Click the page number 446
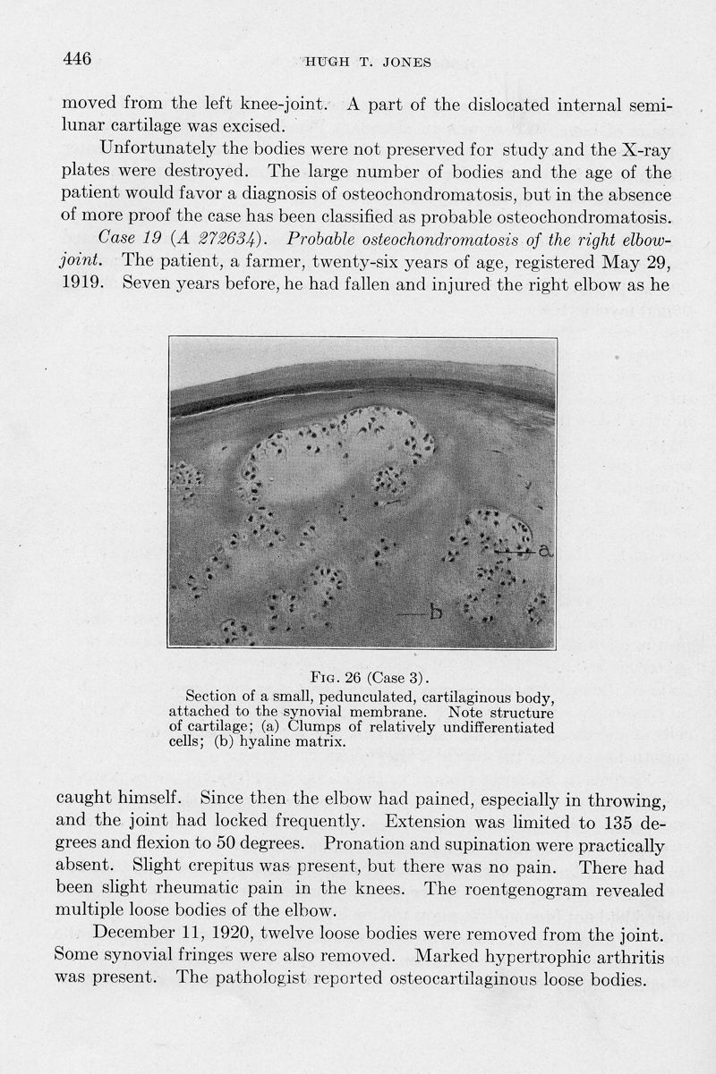78,60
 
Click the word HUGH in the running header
324,63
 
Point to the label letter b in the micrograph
437,612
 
